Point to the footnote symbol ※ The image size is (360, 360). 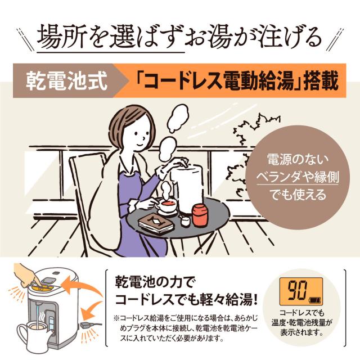pos(116,318)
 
